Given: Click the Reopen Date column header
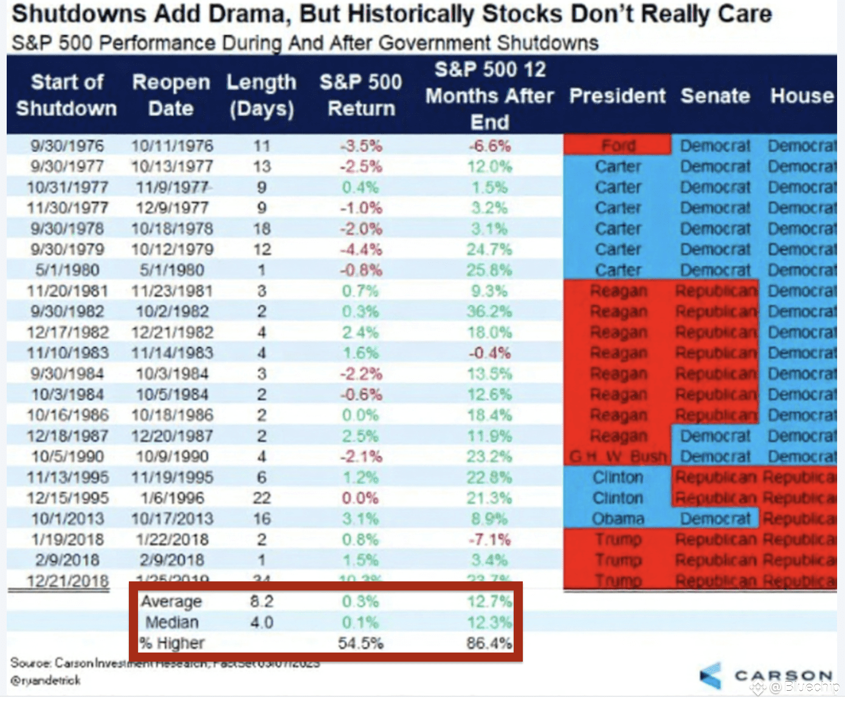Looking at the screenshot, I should click(x=171, y=95).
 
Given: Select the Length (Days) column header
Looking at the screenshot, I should click(x=261, y=95).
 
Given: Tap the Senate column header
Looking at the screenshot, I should click(x=715, y=96).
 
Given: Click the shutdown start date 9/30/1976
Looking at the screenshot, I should click(x=67, y=146).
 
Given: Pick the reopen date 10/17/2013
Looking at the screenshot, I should click(x=172, y=519).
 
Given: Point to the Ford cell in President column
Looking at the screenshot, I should click(x=618, y=146).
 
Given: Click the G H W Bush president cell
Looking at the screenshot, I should click(x=618, y=457).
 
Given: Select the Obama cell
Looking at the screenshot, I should click(x=618, y=519).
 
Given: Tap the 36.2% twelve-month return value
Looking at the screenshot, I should click(x=489, y=311).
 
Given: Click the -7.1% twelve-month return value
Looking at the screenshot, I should click(x=489, y=539).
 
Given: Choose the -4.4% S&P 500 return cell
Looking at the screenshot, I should click(x=360, y=249).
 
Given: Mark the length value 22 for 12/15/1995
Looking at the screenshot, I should click(x=261, y=498).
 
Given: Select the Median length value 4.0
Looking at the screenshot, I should click(x=261, y=622).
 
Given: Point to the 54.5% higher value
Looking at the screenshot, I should click(x=360, y=643).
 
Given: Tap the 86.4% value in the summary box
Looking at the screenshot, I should click(x=489, y=643).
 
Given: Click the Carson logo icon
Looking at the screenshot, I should click(x=711, y=676).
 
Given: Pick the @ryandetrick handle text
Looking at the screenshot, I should click(x=46, y=680).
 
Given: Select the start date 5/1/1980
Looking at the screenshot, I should click(x=67, y=270).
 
